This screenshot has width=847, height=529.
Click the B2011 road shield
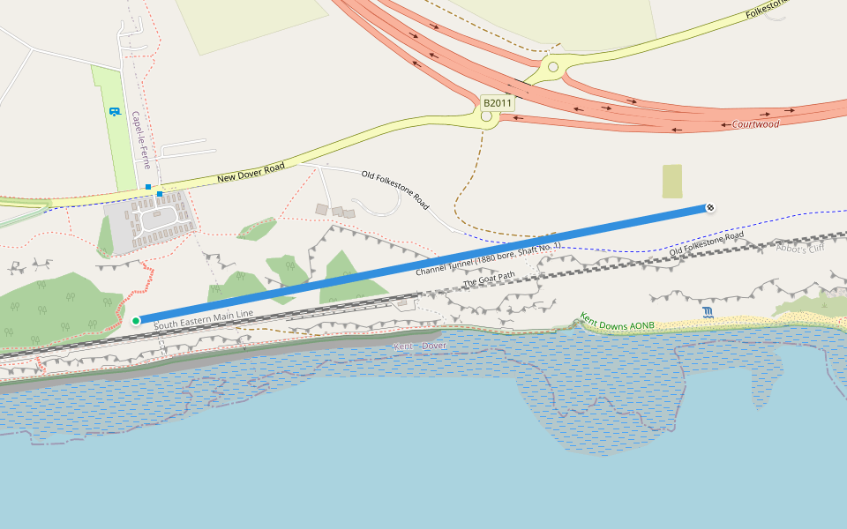pos(498,103)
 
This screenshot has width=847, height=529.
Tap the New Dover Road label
pos(251,175)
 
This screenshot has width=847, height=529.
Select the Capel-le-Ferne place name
pos(141,140)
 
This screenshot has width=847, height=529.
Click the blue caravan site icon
pos(114,112)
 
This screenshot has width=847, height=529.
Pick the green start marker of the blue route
pos(136,321)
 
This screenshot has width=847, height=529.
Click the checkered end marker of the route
pos(710,208)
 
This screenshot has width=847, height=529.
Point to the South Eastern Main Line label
pos(203,319)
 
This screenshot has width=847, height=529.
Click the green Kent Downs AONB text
pos(617,321)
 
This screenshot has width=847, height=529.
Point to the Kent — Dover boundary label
pos(421,346)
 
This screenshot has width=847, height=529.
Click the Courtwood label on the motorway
pos(755,124)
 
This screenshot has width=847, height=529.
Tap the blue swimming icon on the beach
pos(708,312)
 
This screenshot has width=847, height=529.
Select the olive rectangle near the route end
pos(672,181)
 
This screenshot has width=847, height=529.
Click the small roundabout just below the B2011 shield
pos(486,116)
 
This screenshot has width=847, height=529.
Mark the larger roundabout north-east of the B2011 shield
pos(553,66)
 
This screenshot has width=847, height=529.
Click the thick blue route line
pos(423,264)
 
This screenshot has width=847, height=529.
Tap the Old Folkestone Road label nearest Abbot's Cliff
pos(706,245)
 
